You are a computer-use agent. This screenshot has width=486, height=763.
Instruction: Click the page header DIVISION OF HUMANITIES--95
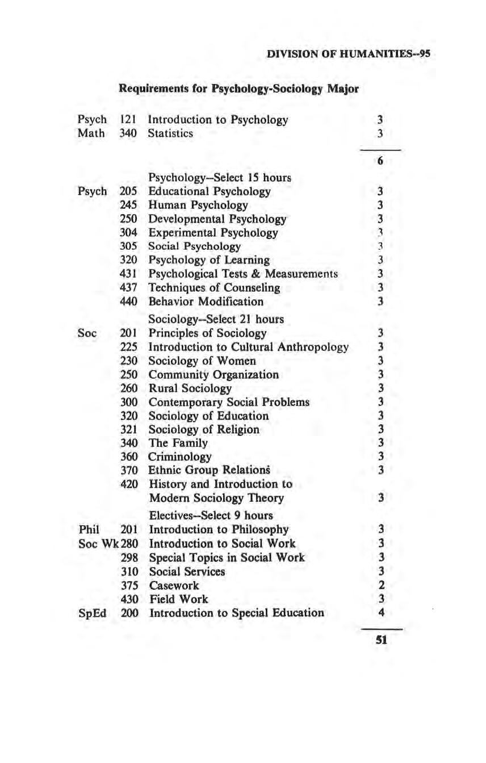[349, 54]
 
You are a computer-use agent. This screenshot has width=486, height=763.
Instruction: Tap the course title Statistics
[170, 133]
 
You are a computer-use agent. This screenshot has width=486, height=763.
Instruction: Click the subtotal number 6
[380, 161]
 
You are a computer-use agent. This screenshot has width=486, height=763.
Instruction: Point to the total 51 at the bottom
[381, 639]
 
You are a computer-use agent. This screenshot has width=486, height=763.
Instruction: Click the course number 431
[129, 274]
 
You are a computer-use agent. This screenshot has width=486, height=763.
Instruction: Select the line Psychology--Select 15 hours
[220, 177]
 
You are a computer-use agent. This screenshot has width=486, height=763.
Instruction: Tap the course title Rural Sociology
[190, 388]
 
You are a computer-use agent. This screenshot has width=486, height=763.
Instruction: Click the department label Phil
[89, 529]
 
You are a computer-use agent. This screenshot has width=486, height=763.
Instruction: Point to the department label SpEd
[91, 613]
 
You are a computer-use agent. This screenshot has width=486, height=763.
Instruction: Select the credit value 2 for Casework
[382, 585]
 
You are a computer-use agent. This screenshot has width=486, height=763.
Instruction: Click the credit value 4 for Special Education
[382, 613]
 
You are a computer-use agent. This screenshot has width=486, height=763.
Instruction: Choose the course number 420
[129, 484]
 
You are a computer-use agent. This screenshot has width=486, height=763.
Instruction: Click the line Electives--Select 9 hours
[211, 515]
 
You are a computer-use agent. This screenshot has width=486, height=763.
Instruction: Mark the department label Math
[91, 133]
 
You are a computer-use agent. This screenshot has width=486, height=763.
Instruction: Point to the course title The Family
[178, 443]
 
